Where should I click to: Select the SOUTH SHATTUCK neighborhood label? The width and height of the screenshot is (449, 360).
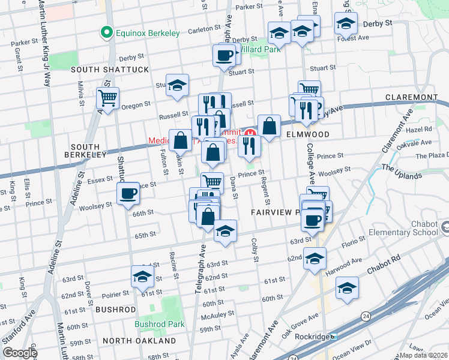click(110, 70)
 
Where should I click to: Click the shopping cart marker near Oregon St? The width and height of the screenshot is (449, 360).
click(108, 98)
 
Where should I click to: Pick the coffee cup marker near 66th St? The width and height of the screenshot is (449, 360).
click(128, 193)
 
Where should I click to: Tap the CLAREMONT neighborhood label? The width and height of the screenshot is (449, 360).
click(420, 97)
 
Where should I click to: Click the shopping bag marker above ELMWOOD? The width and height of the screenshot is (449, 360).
click(270, 126)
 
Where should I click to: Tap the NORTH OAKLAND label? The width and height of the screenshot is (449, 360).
click(139, 341)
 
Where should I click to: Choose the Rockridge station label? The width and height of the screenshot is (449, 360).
click(314, 337)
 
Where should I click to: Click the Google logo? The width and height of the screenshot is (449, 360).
click(20, 353)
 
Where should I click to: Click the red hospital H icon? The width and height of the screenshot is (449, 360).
click(249, 133)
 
